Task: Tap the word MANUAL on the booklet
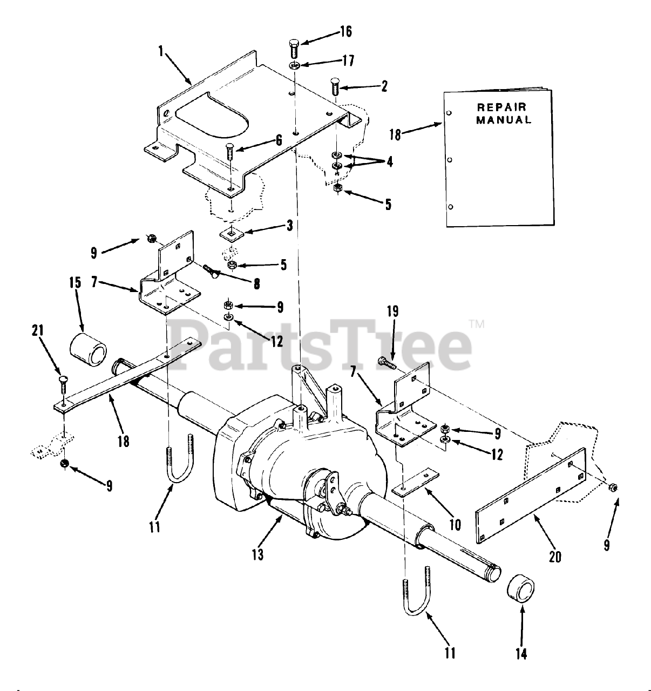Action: coord(503,120)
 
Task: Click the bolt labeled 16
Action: coord(294,49)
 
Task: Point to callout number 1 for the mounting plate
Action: coord(161,52)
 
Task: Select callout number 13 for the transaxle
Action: coord(258,554)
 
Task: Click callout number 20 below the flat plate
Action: coord(554,556)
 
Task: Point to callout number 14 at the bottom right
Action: coord(521,654)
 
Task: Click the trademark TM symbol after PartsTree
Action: coord(477,324)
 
